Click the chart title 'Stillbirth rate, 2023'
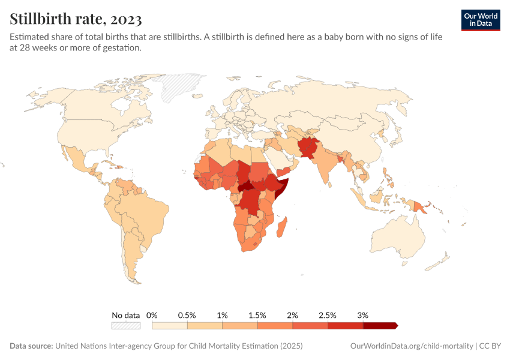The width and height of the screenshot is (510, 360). click(x=76, y=19)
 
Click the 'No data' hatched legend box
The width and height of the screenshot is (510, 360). click(x=125, y=326)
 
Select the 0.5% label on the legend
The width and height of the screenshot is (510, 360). click(x=187, y=315)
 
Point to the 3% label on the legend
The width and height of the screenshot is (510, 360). click(x=362, y=315)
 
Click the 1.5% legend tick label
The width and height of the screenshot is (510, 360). click(x=257, y=315)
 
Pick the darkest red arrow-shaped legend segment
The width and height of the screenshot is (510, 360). click(x=380, y=326)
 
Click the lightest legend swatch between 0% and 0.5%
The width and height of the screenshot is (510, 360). click(x=170, y=326)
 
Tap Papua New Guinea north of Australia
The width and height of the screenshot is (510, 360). click(x=422, y=206)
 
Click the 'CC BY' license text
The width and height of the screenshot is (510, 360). click(x=491, y=346)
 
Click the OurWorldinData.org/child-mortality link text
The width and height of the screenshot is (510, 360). click(x=411, y=346)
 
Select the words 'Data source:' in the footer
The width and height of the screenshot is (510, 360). click(x=31, y=346)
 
